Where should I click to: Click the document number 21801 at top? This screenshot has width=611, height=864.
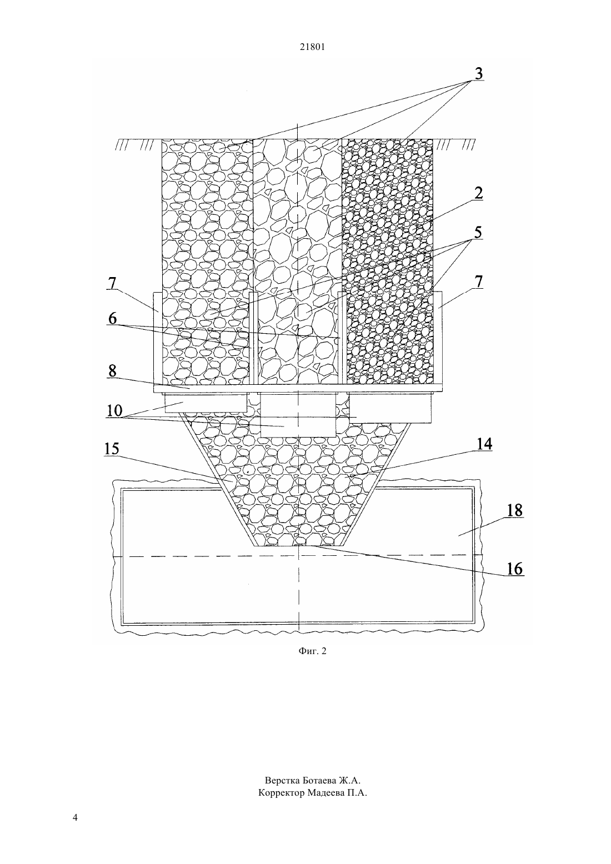point(312,47)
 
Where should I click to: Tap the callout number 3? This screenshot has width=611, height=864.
point(478,73)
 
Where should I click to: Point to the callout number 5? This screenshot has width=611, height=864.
point(478,233)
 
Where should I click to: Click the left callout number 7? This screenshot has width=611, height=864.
point(112,284)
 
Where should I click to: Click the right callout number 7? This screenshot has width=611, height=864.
point(478,282)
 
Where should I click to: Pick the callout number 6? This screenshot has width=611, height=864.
point(112,319)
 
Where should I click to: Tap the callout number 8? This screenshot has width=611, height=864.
point(112,371)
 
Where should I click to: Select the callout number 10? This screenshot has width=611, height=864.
point(114,410)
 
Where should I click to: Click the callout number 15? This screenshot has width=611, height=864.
point(112,449)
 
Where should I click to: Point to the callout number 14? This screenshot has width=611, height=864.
point(484,444)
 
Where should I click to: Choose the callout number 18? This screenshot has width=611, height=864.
point(514,511)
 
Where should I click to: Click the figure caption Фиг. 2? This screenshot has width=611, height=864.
point(312,651)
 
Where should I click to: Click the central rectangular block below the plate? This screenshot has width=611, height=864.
point(298,415)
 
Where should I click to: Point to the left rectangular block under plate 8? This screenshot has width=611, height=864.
point(206,403)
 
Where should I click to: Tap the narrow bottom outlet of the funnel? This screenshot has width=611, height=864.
point(298,546)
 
